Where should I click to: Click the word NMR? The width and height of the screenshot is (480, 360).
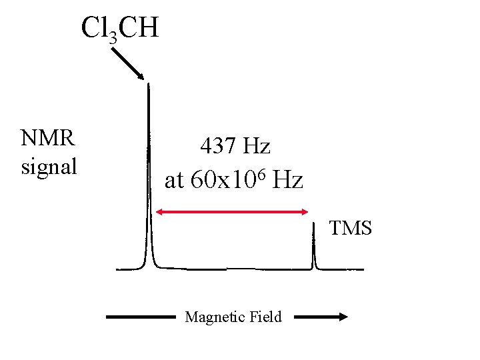coord(48,138)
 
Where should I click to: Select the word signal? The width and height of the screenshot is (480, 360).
coord(49,166)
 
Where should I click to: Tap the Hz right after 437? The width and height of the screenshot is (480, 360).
coord(257,145)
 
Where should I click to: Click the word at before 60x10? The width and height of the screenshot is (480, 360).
coord(173,179)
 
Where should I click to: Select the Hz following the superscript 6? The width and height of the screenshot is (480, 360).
coord(288,179)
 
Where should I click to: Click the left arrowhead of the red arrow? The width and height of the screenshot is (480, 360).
coord(159,212)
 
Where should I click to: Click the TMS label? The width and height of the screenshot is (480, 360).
coord(351,229)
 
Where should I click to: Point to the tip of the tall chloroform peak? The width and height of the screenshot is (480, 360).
coord(148,85)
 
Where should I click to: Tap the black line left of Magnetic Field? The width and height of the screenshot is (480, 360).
coord(139,317)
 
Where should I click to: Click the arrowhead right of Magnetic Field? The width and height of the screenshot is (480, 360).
coord(343,317)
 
